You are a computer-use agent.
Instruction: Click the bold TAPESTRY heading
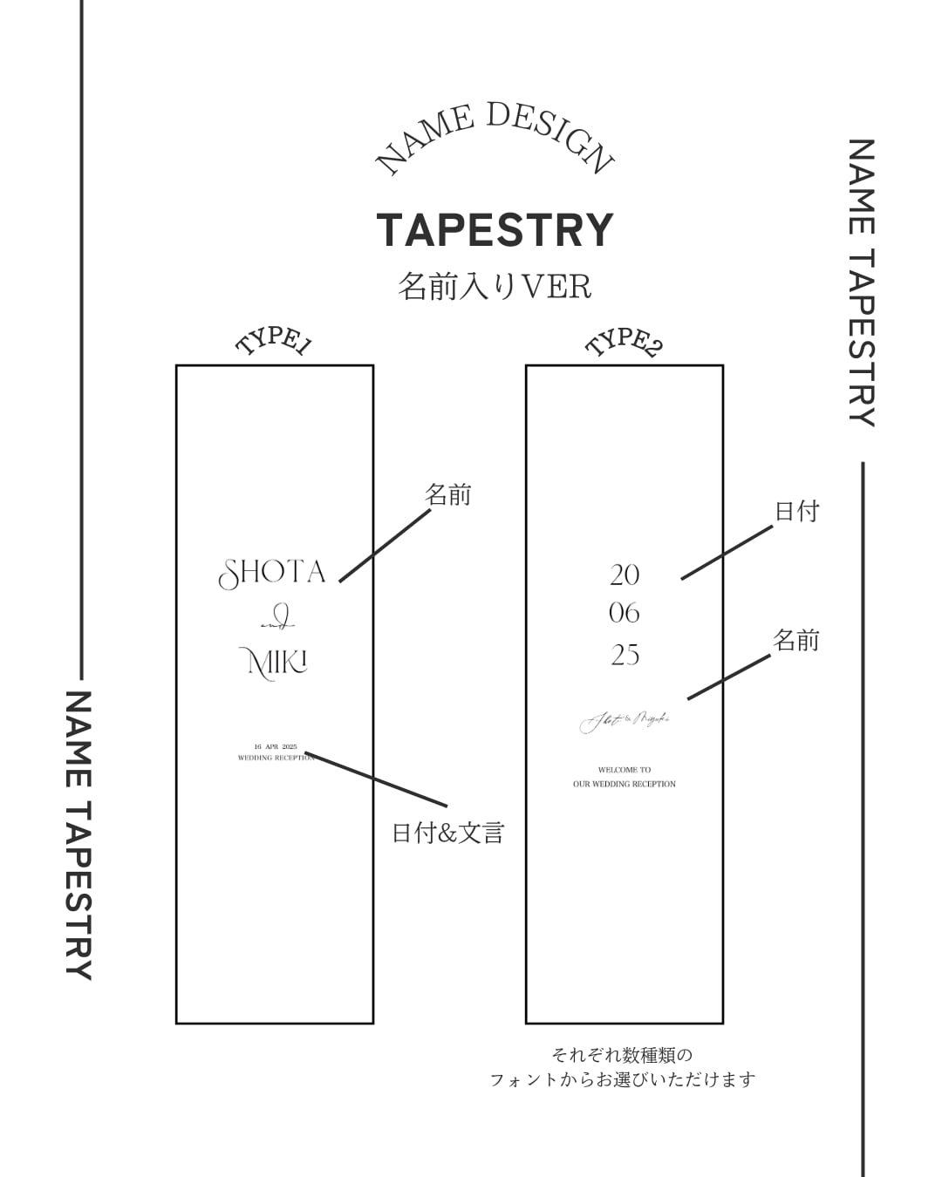pyautogui.click(x=495, y=230)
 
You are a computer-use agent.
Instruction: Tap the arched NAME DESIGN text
pyautogui.click(x=495, y=135)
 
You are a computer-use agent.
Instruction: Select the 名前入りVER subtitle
pyautogui.click(x=495, y=286)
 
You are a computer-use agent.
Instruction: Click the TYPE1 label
pyautogui.click(x=274, y=341)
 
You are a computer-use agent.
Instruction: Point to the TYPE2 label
pyautogui.click(x=624, y=342)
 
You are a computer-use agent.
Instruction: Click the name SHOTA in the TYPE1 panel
pyautogui.click(x=272, y=573)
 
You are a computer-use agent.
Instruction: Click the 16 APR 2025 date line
pyautogui.click(x=276, y=747)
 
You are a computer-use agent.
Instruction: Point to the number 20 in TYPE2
pyautogui.click(x=625, y=575)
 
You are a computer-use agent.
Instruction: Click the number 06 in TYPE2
pyautogui.click(x=625, y=614)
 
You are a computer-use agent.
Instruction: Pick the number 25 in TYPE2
pyautogui.click(x=625, y=655)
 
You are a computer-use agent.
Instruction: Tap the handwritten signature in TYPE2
pyautogui.click(x=625, y=721)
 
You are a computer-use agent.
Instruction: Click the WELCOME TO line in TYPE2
pyautogui.click(x=625, y=770)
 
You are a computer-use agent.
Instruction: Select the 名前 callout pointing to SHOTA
pyautogui.click(x=448, y=495)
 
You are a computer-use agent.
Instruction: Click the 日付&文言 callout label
pyautogui.click(x=448, y=833)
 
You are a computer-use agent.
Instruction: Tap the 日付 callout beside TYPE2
pyautogui.click(x=797, y=511)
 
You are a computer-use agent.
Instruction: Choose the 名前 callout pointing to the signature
pyautogui.click(x=796, y=641)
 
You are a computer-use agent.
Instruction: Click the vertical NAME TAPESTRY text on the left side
pyautogui.click(x=78, y=835)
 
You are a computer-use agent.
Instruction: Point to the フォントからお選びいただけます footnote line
pyautogui.click(x=623, y=1080)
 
